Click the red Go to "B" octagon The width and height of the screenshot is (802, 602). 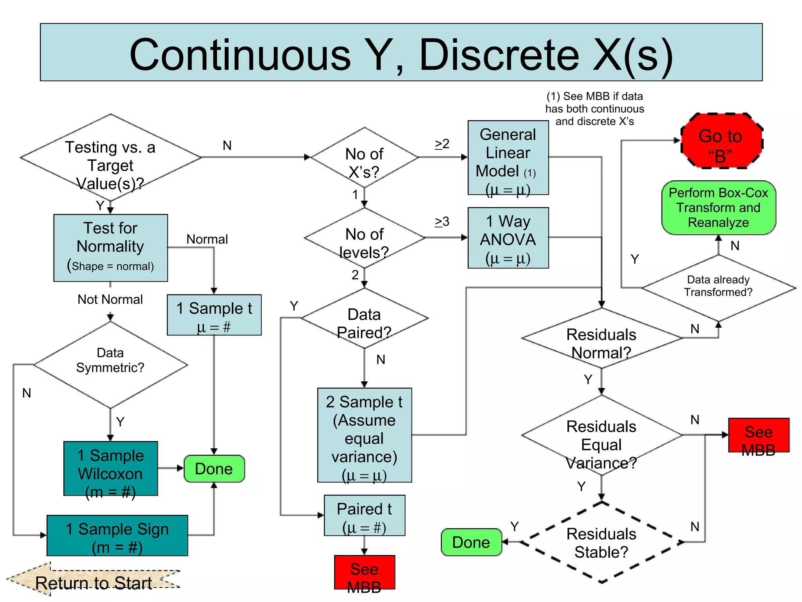pyautogui.click(x=721, y=141)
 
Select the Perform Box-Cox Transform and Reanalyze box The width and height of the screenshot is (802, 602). pyautogui.click(x=718, y=208)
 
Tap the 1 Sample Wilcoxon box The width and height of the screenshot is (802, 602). pyautogui.click(x=111, y=469)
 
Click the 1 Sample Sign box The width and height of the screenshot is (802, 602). pyautogui.click(x=117, y=535)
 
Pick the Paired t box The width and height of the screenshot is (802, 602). pyautogui.click(x=364, y=515)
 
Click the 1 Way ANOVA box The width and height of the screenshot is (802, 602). pyautogui.click(x=508, y=238)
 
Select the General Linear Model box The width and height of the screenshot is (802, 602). pyautogui.click(x=508, y=158)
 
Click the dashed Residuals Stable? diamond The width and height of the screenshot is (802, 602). pyautogui.click(x=601, y=542)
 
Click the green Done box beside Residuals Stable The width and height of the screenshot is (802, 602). pyautogui.click(x=471, y=542)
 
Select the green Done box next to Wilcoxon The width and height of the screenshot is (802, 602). pyautogui.click(x=214, y=469)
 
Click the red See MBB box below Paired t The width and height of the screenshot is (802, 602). pyautogui.click(x=364, y=572)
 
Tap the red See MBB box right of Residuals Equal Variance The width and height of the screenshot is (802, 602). pyautogui.click(x=759, y=435)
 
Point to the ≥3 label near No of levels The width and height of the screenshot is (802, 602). pyautogui.click(x=442, y=222)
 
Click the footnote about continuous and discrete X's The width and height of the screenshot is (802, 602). pyautogui.click(x=594, y=109)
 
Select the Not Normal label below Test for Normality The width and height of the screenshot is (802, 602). pyautogui.click(x=110, y=299)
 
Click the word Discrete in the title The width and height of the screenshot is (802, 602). pyautogui.click(x=499, y=55)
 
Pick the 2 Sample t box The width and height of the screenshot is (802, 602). pyautogui.click(x=364, y=435)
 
